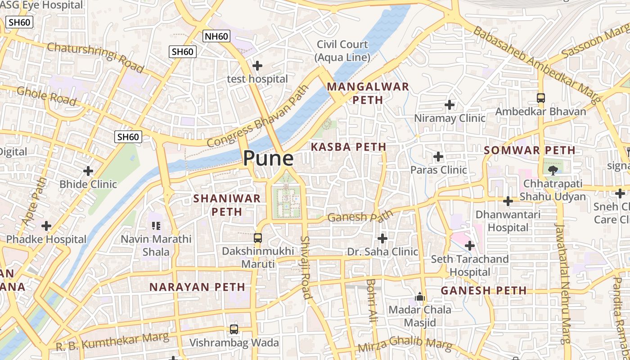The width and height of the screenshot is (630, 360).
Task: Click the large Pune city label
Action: coord(268,159)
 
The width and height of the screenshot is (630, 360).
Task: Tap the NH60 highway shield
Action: coord(216,36)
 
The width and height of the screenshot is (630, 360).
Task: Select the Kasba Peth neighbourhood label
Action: coord(348,147)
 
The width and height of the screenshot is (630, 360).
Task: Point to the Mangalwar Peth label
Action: coord(368,93)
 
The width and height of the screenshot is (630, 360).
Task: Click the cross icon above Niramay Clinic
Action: coord(449,105)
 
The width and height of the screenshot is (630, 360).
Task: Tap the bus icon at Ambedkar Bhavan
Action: coord(541,98)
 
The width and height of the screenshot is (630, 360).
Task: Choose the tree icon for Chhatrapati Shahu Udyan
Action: coord(553,170)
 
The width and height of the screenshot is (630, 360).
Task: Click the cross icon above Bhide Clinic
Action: coord(88,171)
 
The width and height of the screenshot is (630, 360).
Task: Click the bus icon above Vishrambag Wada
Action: coord(234,329)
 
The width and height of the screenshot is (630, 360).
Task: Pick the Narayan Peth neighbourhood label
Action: coord(197,287)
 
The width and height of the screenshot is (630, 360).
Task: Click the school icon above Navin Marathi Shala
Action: coord(156,225)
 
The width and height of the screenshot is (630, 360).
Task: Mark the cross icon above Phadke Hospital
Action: coord(46,226)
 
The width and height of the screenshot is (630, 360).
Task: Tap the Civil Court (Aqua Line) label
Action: coord(342,51)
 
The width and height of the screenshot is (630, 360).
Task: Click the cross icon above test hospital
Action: coord(257,66)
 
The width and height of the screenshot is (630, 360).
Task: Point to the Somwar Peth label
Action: coord(530,150)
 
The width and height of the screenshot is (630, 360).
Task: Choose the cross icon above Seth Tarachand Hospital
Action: coord(470,246)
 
